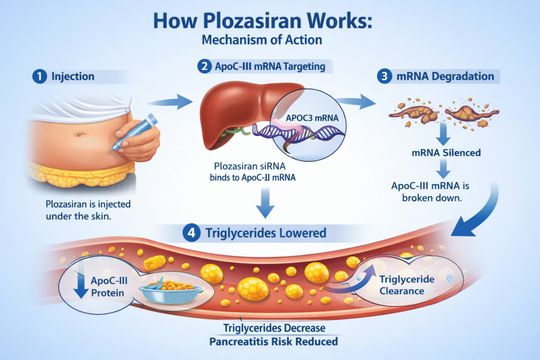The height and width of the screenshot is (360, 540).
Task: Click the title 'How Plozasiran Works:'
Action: click(270, 22)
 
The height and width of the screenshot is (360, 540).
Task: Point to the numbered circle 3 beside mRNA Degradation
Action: click(384, 76)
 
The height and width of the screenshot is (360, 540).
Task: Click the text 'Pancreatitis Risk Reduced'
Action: click(274, 342)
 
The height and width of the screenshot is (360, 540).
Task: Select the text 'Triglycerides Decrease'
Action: click(274, 328)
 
